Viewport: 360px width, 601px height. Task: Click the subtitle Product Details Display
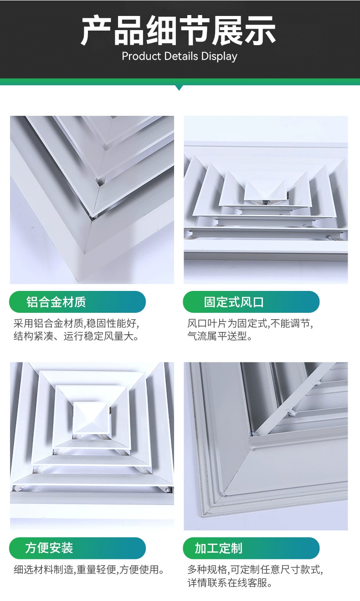[x=180, y=57]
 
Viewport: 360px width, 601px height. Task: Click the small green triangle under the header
[x=179, y=87]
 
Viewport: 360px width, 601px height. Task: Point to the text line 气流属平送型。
[x=220, y=337]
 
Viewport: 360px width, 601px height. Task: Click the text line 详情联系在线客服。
[x=230, y=583]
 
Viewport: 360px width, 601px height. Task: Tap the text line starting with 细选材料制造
[x=88, y=570]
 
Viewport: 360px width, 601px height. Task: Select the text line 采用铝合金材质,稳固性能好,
[x=76, y=324]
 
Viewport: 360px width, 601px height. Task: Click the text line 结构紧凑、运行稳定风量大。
[x=76, y=337]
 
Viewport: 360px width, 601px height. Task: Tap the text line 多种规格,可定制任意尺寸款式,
[x=255, y=570]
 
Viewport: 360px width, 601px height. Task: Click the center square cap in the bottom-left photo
[x=91, y=417]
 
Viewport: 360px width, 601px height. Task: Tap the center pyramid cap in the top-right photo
[x=265, y=190]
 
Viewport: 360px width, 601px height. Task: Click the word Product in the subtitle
[x=141, y=57]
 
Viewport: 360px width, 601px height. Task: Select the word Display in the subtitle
[x=219, y=57]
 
